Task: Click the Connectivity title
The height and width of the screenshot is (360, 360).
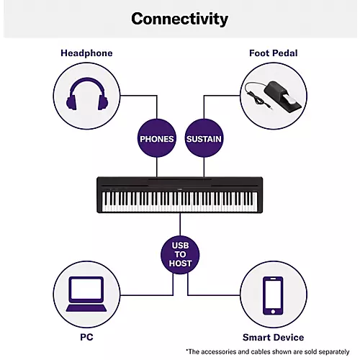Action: (x=180, y=19)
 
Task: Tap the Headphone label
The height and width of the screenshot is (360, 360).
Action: (x=86, y=53)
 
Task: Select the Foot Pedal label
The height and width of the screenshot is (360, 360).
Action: (x=273, y=53)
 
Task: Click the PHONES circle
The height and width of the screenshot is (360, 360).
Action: (x=157, y=138)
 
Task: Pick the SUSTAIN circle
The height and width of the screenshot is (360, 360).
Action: (x=204, y=138)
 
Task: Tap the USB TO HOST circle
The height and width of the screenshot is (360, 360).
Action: (x=181, y=254)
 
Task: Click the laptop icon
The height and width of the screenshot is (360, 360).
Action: (x=86, y=295)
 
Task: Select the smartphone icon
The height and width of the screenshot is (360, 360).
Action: (x=273, y=295)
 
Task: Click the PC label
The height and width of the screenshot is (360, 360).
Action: (x=86, y=337)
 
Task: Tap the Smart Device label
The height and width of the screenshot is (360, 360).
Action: (x=273, y=337)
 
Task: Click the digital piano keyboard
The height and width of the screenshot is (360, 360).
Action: (x=180, y=194)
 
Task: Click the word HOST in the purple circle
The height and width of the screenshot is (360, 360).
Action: (x=181, y=264)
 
